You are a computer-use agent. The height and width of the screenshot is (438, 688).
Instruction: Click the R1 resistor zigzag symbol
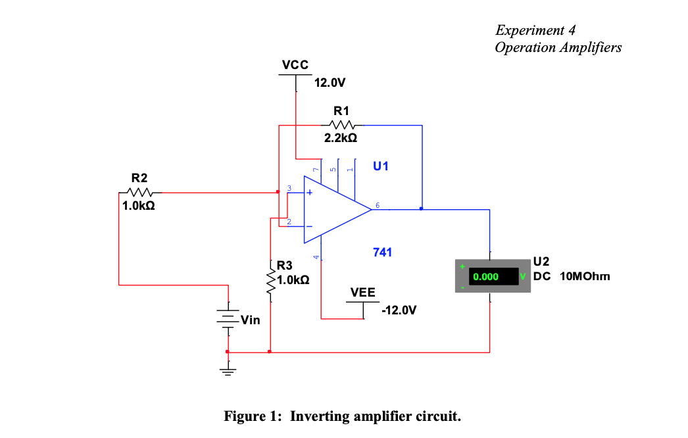342,125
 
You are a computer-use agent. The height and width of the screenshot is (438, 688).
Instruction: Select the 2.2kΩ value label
341,138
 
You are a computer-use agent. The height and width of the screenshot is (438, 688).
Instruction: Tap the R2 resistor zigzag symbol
140,192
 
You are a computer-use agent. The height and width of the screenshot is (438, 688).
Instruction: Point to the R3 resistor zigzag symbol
271,281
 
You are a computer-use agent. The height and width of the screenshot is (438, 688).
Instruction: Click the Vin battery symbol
228,318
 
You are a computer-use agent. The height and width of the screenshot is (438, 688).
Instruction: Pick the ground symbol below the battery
228,371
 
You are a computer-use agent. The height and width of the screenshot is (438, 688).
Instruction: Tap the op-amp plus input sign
309,192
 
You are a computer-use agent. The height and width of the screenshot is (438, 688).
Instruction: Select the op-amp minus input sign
309,226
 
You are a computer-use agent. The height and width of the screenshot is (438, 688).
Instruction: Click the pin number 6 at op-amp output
378,205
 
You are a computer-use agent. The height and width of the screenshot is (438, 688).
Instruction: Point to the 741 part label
382,253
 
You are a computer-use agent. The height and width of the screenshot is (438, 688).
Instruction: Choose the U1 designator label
380,166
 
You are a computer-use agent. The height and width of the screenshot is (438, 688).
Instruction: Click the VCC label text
295,65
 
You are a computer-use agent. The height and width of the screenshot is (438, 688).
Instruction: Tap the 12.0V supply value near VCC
330,82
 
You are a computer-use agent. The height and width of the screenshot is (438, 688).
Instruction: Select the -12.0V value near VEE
399,310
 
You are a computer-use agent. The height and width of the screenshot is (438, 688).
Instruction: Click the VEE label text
363,292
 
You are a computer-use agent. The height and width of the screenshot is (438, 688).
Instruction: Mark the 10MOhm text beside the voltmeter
585,276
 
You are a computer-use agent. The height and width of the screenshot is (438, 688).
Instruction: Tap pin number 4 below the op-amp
316,256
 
